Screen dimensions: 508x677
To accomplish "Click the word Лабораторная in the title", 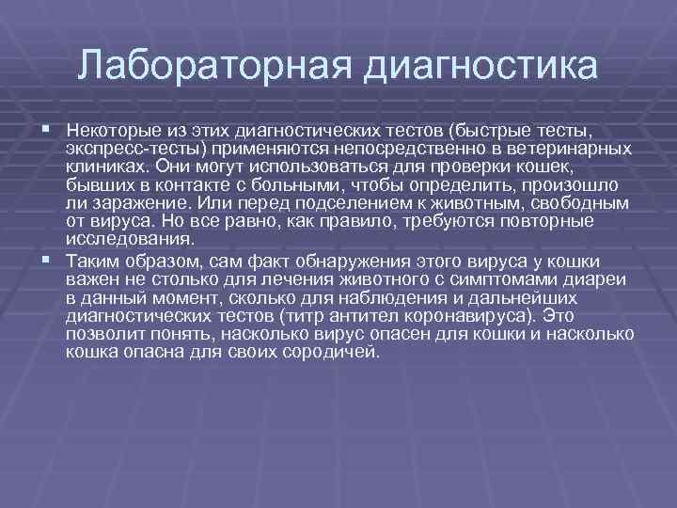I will [213, 67].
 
